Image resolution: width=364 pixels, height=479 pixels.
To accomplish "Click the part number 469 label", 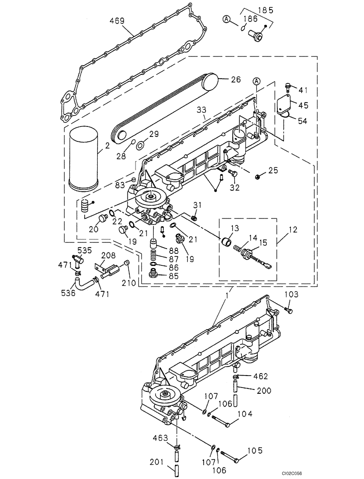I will click(x=117, y=21).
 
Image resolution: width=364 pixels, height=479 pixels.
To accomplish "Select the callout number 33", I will click(x=201, y=110).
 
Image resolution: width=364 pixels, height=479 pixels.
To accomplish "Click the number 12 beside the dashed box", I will click(x=293, y=230).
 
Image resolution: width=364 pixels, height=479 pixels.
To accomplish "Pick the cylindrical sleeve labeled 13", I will click(x=227, y=239).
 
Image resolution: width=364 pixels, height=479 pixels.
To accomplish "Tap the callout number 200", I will click(x=262, y=391).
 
